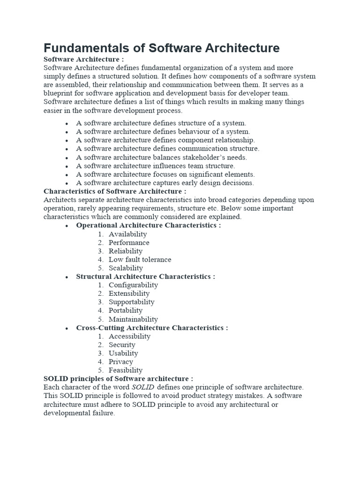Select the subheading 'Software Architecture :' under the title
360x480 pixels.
click(84, 60)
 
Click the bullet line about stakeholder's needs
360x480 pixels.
click(161, 157)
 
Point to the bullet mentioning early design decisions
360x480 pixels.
click(165, 183)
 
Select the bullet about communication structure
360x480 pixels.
click(167, 149)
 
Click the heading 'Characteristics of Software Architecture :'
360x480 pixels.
click(115, 191)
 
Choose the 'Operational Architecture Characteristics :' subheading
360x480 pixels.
click(149, 225)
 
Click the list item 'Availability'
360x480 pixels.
click(127, 234)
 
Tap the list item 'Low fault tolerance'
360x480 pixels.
click(140, 260)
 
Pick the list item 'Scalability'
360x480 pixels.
click(126, 268)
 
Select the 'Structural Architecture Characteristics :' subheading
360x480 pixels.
click(146, 277)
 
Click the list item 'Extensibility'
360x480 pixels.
click(129, 293)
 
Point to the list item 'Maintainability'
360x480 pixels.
click(133, 319)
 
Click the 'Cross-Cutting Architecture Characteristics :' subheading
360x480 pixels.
click(152, 328)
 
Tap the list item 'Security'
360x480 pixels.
click(122, 345)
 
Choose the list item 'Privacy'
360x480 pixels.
click(121, 362)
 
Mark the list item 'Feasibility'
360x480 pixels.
click(125, 370)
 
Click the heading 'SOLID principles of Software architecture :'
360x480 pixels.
click(118, 379)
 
